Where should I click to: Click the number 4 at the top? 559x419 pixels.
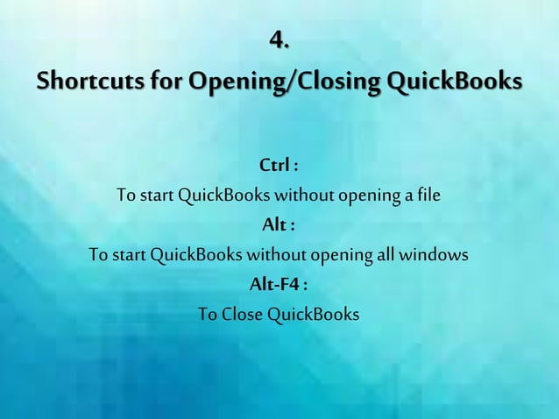[x=279, y=40]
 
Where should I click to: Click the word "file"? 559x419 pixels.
[x=428, y=194]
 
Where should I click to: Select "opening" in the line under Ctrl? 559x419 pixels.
[x=364, y=194]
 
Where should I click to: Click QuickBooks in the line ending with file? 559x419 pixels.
[x=217, y=194]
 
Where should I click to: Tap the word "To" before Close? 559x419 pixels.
[x=208, y=314]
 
